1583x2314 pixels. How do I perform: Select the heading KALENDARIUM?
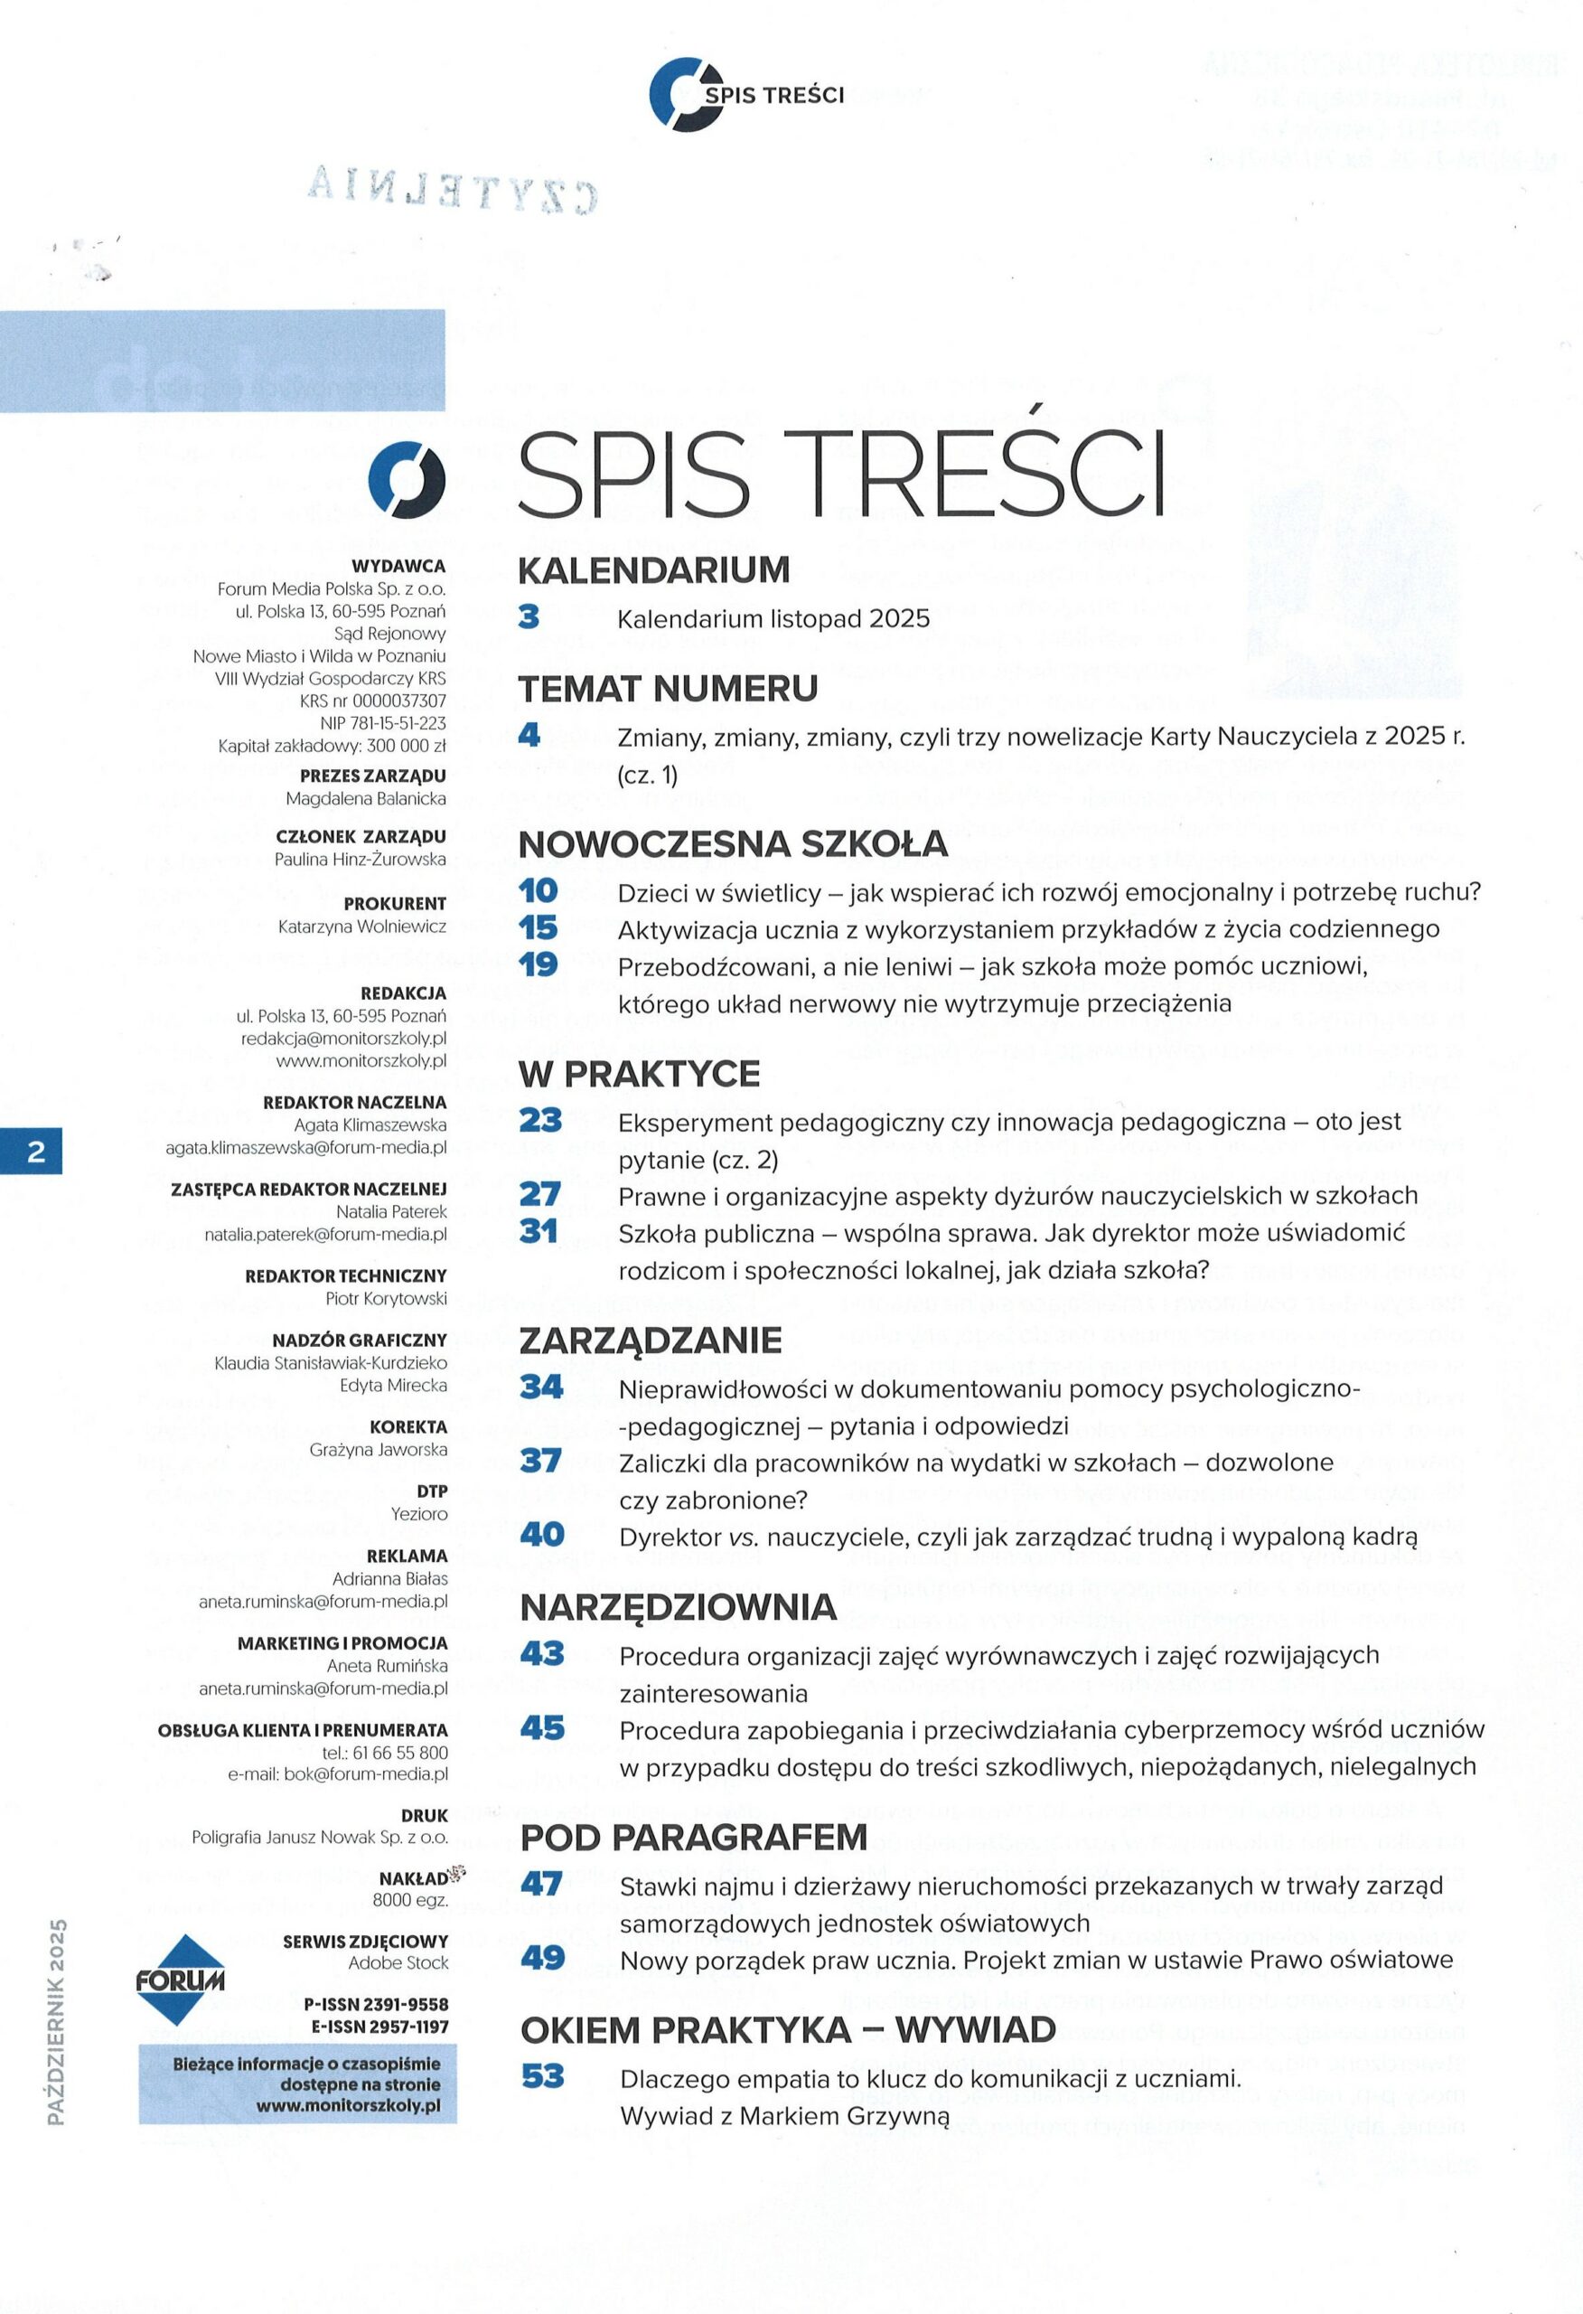pyautogui.click(x=653, y=569)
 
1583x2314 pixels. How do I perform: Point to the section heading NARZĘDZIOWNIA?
pyautogui.click(x=677, y=1606)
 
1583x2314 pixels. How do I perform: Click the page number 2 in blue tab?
pyautogui.click(x=36, y=1152)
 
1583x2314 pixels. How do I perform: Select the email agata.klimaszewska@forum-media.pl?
pyautogui.click(x=305, y=1147)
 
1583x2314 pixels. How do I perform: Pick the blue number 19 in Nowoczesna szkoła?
pyautogui.click(x=538, y=964)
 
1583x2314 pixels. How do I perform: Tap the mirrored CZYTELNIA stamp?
pyautogui.click(x=453, y=189)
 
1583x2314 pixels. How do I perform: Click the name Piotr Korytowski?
pyautogui.click(x=387, y=1298)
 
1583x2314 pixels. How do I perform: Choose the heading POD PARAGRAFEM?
pyautogui.click(x=693, y=1837)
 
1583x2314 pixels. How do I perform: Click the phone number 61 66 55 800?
pyautogui.click(x=399, y=1753)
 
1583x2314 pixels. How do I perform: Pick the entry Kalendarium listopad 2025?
pyautogui.click(x=773, y=618)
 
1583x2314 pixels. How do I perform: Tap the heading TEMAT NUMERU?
pyautogui.click(x=667, y=688)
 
